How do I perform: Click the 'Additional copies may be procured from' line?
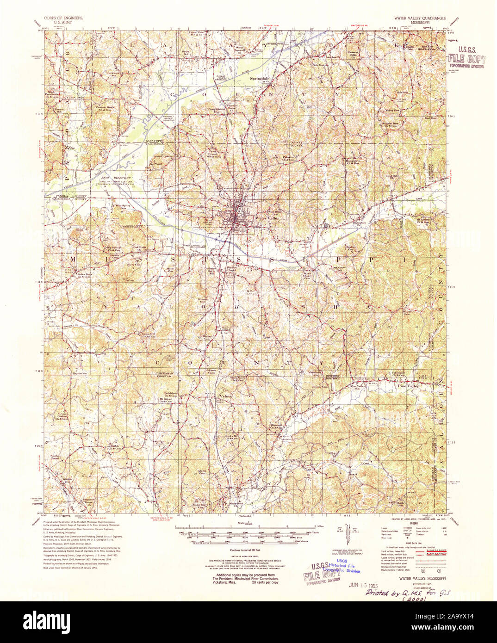click(x=242, y=575)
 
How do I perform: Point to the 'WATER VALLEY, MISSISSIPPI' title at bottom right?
click(x=421, y=578)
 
